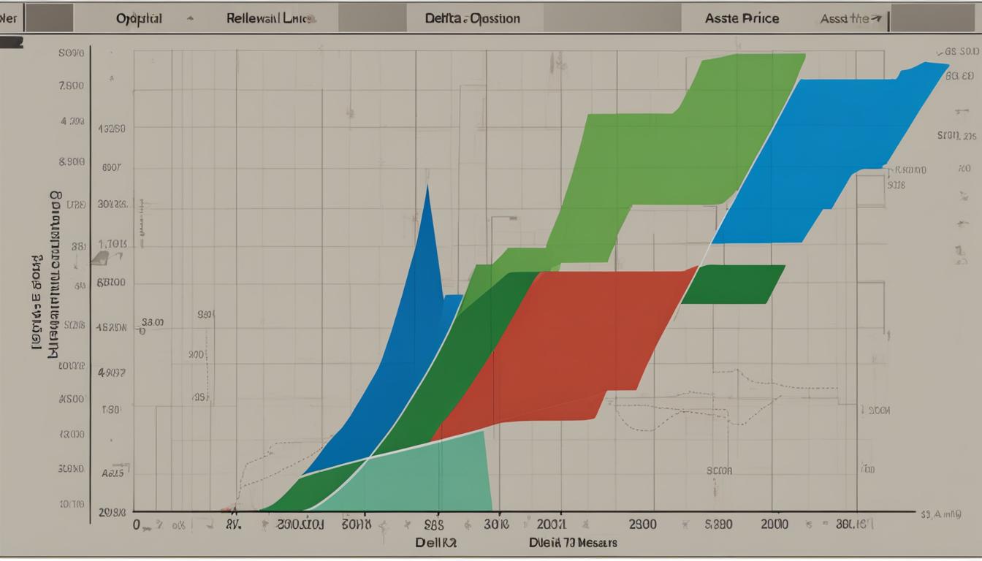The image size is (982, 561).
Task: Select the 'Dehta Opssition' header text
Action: coord(472,18)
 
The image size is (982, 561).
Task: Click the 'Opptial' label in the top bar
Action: coord(140,18)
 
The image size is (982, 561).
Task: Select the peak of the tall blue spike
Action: coord(427,188)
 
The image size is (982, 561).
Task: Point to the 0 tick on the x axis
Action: coord(136,524)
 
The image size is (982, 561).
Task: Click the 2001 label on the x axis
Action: coord(550,524)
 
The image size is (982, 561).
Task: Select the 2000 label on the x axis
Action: coord(774,524)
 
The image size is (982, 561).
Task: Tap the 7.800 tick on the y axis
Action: coord(71,85)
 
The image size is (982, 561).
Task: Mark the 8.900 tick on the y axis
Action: coord(71,161)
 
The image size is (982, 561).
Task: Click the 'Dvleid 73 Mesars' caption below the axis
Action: coord(574,543)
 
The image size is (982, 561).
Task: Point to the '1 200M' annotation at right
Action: coord(875,411)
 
